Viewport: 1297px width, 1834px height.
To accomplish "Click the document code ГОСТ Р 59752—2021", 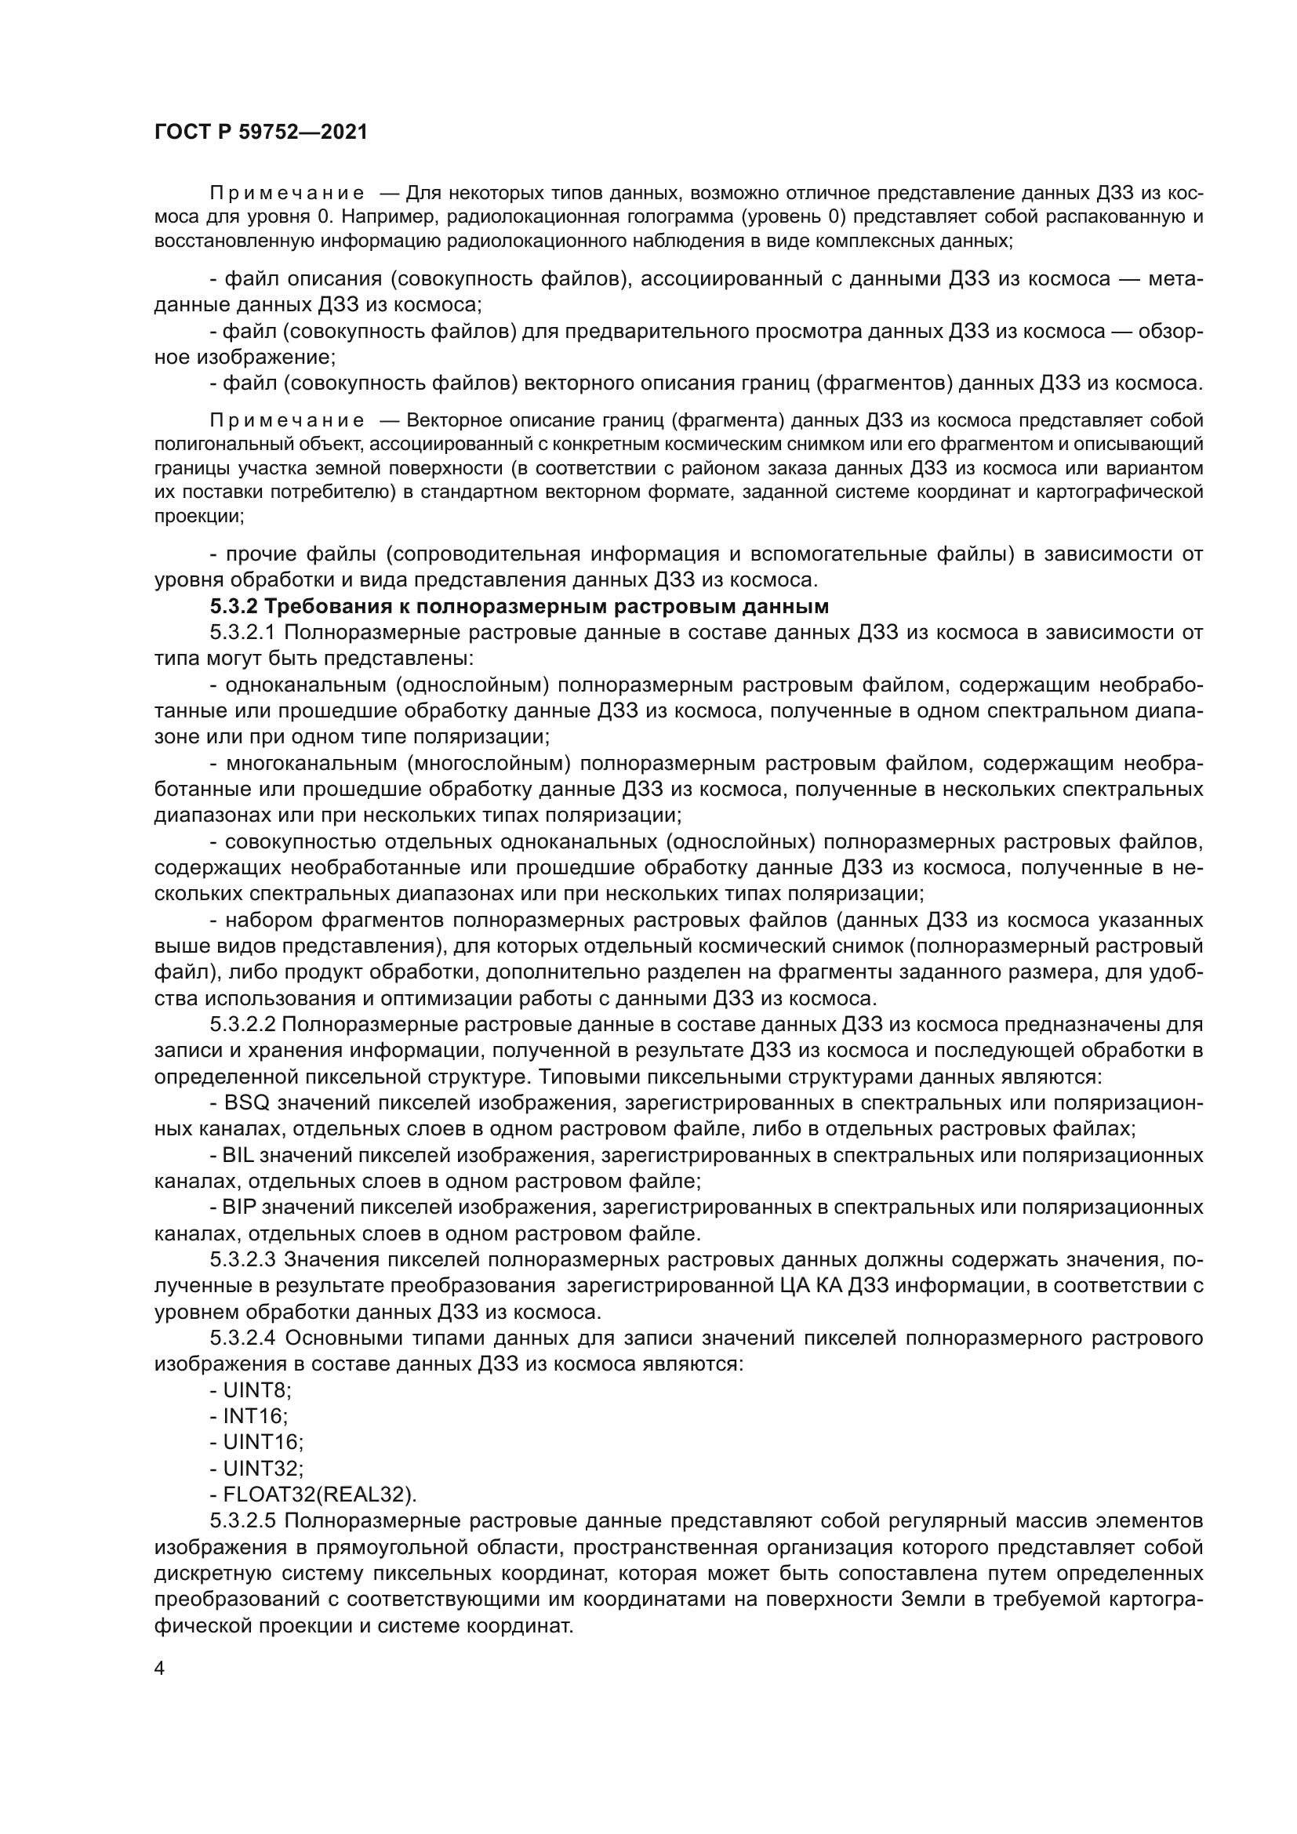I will [x=261, y=132].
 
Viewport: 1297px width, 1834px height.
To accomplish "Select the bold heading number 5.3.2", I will [x=234, y=606].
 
